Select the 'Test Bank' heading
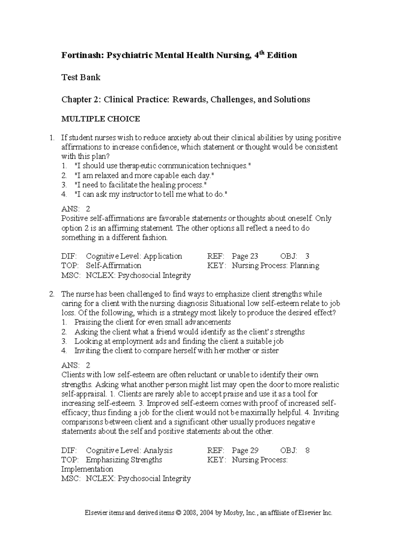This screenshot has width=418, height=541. click(81, 77)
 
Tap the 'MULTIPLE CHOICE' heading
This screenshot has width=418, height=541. click(100, 119)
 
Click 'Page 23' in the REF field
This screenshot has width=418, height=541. click(245, 256)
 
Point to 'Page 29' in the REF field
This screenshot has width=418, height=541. click(245, 450)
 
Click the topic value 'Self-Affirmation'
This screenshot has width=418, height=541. click(113, 265)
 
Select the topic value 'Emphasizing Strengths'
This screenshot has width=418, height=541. click(124, 460)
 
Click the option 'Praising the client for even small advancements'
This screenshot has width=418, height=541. click(153, 322)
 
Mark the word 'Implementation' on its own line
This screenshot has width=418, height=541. click(87, 469)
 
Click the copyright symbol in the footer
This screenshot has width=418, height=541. click(179, 513)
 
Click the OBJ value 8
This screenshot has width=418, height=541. click(307, 450)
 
